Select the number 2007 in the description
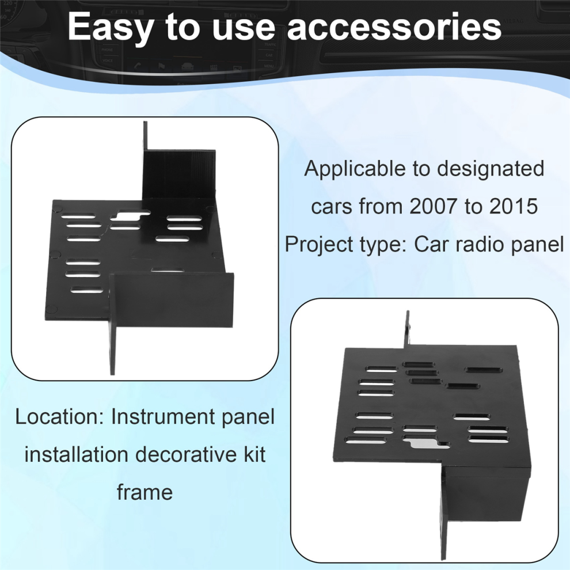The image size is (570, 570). click(432, 207)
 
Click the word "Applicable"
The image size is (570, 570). click(345, 169)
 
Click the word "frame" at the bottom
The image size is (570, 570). click(145, 492)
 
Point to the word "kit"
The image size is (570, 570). click(253, 455)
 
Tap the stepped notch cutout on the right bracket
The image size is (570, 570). click(425, 443)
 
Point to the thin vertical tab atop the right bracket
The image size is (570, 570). click(408, 329)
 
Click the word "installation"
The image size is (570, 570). click(69, 455)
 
